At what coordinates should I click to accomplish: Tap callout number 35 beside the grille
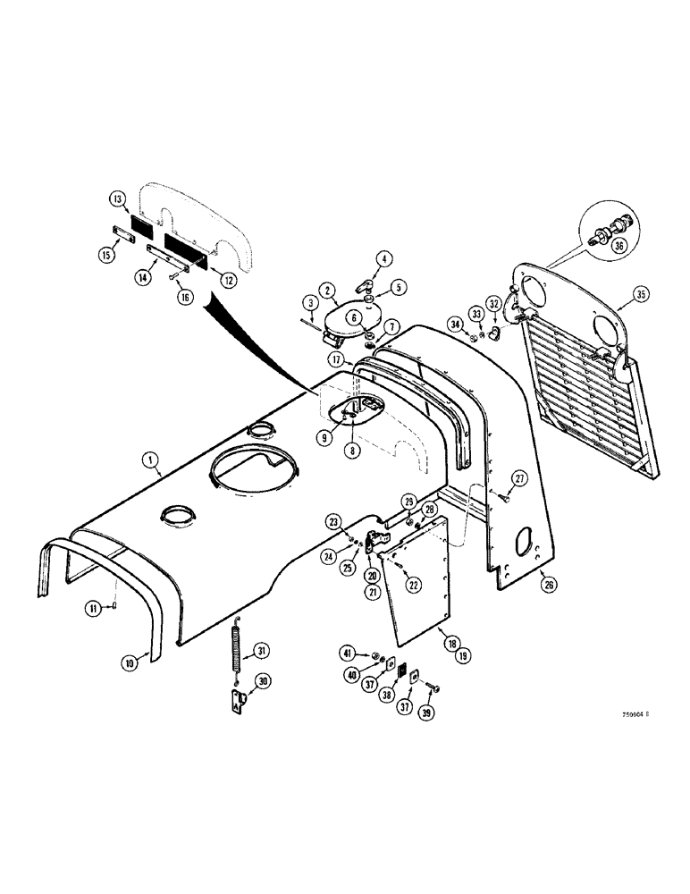[638, 293]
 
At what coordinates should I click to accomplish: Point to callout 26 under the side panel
[547, 586]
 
